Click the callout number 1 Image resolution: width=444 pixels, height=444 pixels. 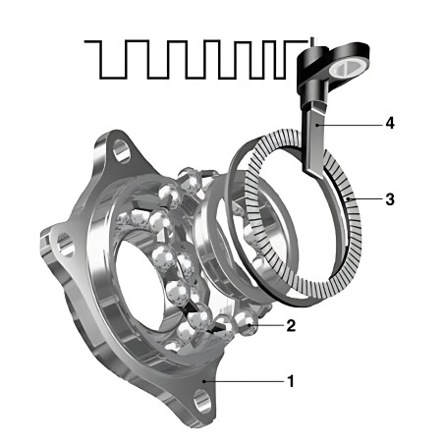[x=291, y=381]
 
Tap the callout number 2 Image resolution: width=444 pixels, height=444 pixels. [x=291, y=325]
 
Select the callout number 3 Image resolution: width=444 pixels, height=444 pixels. [x=390, y=198]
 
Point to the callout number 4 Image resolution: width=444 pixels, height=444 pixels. [x=390, y=124]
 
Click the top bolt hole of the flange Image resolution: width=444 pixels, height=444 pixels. [x=122, y=151]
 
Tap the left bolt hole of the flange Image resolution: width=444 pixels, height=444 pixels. [x=65, y=245]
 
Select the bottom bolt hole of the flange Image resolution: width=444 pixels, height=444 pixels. [x=202, y=402]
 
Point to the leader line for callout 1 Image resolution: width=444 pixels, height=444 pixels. [x=245, y=381]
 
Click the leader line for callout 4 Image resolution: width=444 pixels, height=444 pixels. [x=350, y=125]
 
